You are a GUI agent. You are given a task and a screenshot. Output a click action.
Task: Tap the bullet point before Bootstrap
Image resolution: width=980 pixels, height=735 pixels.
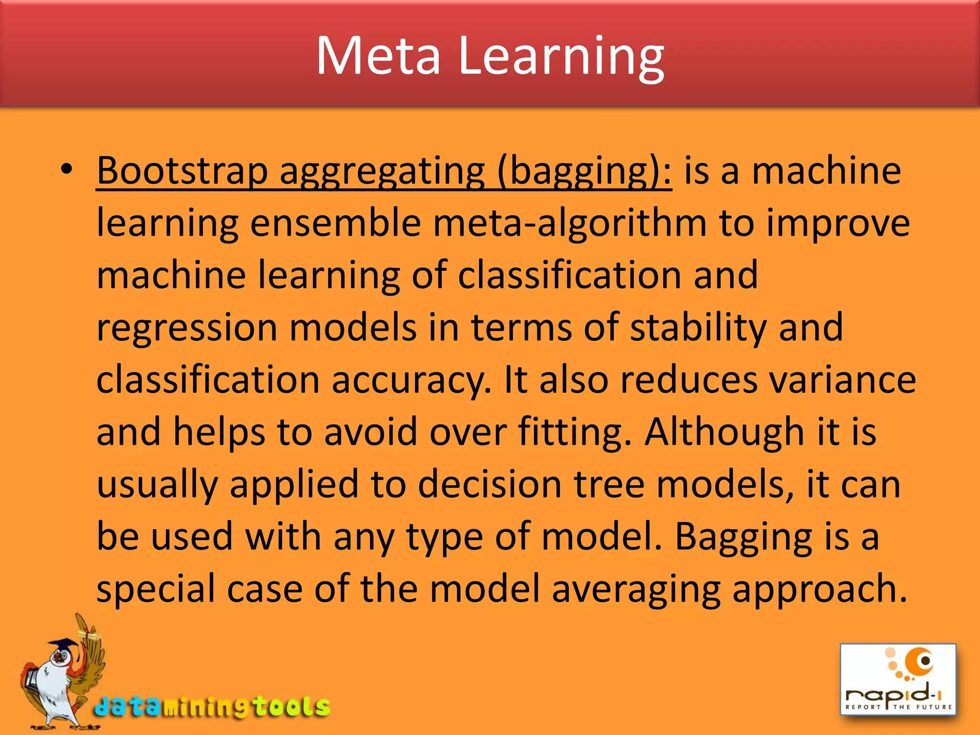coord(67,170)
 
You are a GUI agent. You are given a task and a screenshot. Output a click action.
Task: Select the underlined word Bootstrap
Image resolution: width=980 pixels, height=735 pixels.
coord(182,171)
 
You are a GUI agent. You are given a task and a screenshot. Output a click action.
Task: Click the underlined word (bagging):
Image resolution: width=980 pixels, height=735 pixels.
coord(584,171)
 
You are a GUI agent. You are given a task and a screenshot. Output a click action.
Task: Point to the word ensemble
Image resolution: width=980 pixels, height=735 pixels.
coord(335,223)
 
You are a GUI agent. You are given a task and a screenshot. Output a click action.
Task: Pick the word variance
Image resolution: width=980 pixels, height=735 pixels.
coord(842,380)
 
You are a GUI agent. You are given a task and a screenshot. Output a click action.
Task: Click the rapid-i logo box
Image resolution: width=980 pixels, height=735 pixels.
coord(898,679)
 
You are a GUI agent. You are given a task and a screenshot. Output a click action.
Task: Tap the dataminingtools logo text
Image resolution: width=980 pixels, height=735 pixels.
coord(212,707)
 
